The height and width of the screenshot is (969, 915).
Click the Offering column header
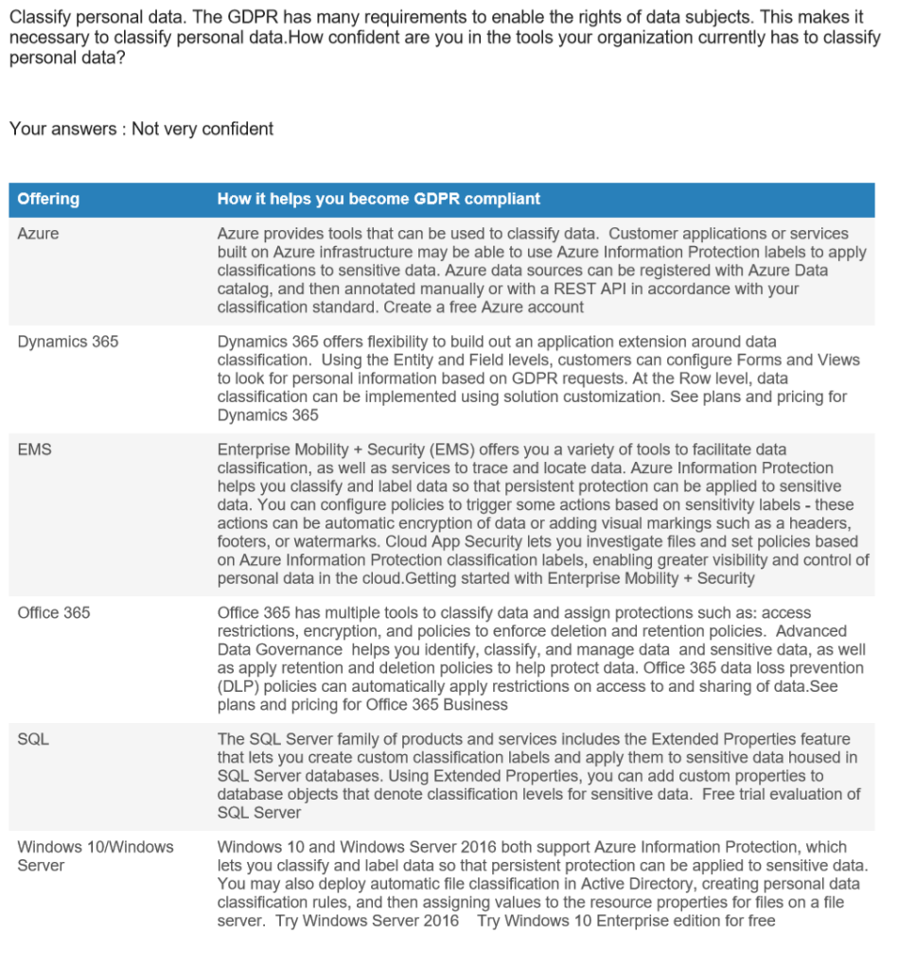(48, 199)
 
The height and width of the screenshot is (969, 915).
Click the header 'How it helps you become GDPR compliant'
(378, 199)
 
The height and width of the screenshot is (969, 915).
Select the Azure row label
(38, 234)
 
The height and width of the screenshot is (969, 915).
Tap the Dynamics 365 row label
(68, 342)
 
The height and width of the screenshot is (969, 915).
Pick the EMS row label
(34, 449)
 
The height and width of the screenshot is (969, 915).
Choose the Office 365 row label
(54, 613)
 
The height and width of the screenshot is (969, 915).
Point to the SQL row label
(33, 739)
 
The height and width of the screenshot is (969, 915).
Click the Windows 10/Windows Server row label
(95, 855)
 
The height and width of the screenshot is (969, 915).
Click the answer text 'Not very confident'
(202, 129)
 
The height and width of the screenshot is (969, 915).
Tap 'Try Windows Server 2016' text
(367, 921)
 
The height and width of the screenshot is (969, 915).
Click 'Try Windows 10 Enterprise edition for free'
(625, 921)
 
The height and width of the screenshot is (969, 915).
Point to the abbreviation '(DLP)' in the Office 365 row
(240, 686)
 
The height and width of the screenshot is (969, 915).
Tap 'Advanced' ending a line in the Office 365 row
(813, 631)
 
